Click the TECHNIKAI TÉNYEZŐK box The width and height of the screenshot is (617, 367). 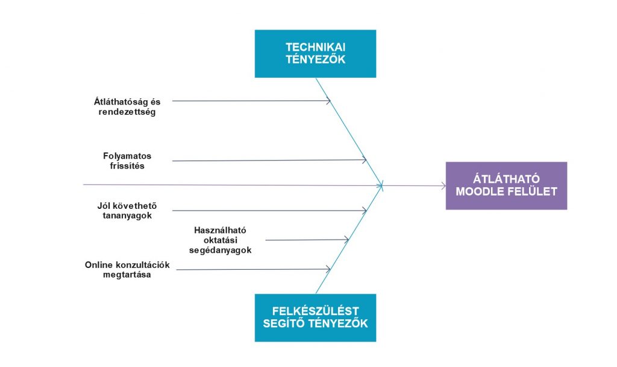[x=315, y=54]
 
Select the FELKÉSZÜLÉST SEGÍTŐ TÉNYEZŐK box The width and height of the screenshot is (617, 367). [x=315, y=318]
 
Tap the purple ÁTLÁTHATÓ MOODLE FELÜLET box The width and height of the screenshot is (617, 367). [x=506, y=186]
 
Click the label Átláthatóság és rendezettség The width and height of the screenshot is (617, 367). [x=127, y=107]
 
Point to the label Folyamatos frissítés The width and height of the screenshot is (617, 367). [x=127, y=161]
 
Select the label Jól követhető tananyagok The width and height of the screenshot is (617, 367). [x=127, y=211]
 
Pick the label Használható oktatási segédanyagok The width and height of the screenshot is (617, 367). [x=220, y=240]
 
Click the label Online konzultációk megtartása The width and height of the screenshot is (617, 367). [x=127, y=270]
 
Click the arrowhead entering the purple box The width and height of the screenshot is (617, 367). [x=444, y=186]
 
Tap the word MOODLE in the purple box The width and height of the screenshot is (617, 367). [x=475, y=192]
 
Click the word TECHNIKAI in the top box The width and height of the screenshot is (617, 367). [x=315, y=47]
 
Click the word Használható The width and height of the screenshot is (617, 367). [x=220, y=230]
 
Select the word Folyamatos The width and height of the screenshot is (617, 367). [x=127, y=156]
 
